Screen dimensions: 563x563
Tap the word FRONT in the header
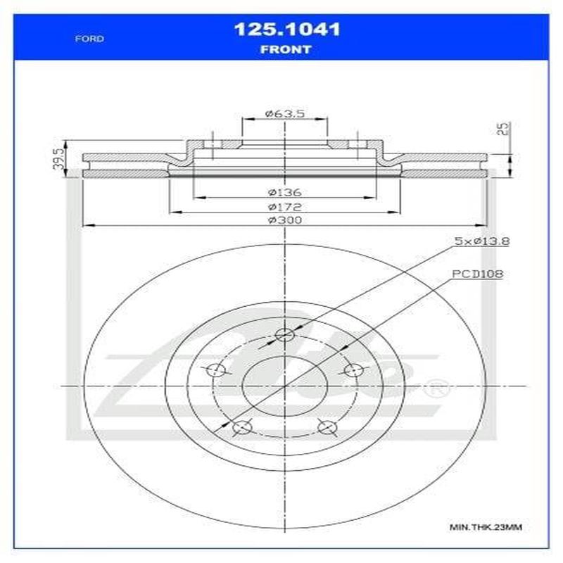click(286, 49)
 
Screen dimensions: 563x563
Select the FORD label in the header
click(89, 39)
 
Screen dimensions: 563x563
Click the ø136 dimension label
click(284, 191)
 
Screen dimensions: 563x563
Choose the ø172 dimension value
click(284, 207)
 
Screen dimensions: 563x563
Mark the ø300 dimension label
click(284, 220)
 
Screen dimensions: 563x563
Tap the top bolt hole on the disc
click(284, 335)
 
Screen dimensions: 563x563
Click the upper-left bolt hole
click(217, 371)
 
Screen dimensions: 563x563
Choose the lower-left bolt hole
click(241, 426)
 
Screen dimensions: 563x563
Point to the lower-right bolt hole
click(327, 426)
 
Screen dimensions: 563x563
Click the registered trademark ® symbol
click(438, 386)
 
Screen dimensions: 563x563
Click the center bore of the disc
click(284, 386)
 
